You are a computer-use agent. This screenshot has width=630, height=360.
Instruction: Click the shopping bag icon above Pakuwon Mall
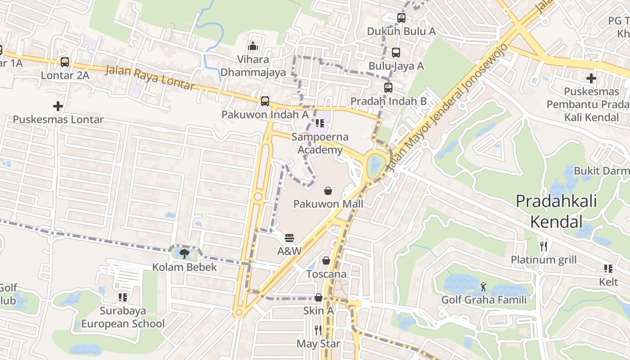[x=328, y=191]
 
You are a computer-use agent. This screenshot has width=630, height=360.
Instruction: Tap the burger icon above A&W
[x=289, y=238]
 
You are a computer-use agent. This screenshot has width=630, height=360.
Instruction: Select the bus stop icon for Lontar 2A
[x=65, y=62]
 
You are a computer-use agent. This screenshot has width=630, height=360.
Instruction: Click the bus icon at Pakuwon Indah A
[x=265, y=101]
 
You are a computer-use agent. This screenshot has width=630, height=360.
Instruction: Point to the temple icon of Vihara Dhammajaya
[x=253, y=46]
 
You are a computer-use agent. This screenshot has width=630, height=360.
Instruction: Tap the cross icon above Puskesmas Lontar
[x=58, y=106]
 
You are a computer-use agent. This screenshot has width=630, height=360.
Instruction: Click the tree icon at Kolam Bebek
[x=184, y=254]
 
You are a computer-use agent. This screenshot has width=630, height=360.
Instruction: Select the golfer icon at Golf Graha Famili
[x=483, y=287]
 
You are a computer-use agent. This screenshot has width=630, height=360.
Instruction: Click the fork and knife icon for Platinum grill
[x=544, y=246]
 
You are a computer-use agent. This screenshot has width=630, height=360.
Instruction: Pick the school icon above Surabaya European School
[x=122, y=297]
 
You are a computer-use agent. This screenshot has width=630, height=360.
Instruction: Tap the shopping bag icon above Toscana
[x=326, y=261]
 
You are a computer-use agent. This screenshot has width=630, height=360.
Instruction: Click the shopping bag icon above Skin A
[x=318, y=297]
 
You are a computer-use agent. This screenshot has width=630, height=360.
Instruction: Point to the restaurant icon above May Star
[x=318, y=330]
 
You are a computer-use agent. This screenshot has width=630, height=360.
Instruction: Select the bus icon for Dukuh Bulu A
[x=401, y=18]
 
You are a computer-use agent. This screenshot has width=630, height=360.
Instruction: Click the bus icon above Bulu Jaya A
[x=396, y=53]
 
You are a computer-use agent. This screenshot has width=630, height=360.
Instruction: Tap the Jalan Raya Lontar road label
[x=150, y=78]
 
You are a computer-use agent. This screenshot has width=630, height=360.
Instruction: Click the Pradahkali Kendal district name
[x=556, y=211]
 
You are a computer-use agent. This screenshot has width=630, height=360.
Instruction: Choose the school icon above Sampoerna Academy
[x=320, y=123]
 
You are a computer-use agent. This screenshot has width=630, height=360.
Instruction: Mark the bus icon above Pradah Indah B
[x=388, y=88]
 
